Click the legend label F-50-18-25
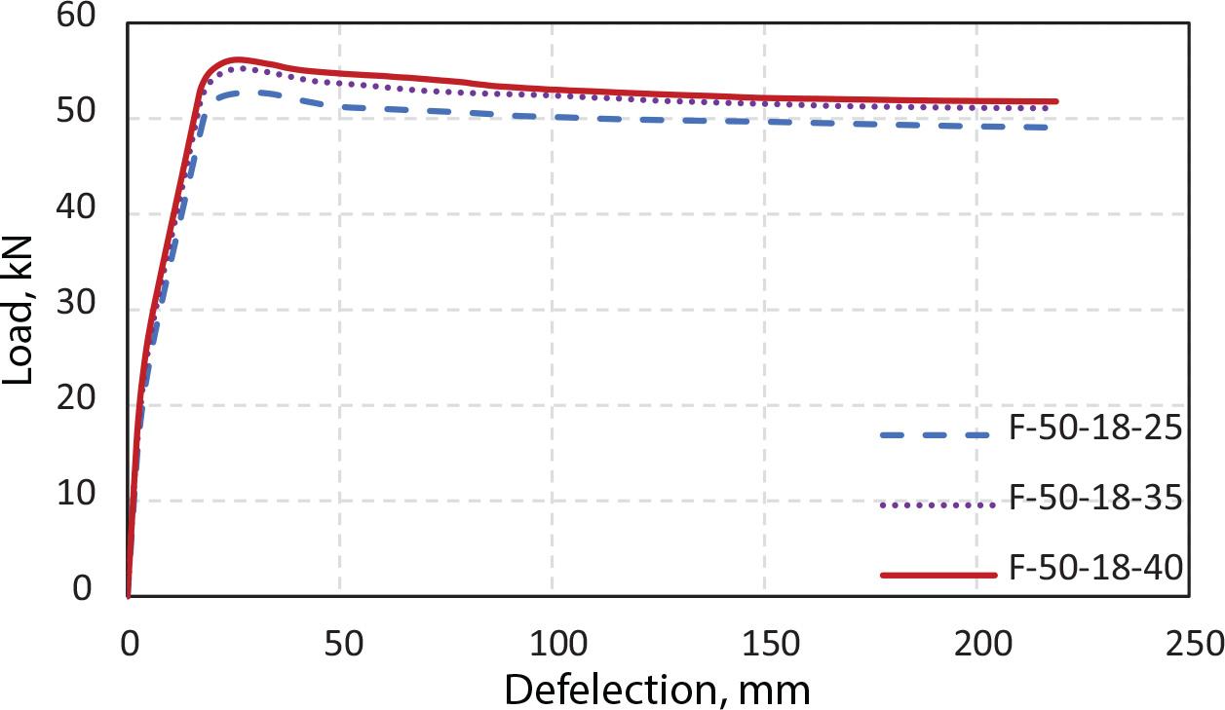[x=1095, y=429]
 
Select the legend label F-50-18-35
[x=1095, y=499]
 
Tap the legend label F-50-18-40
[x=1095, y=569]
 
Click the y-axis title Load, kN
[x=19, y=308]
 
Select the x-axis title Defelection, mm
[x=657, y=690]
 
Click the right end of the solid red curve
[x=1056, y=101]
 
